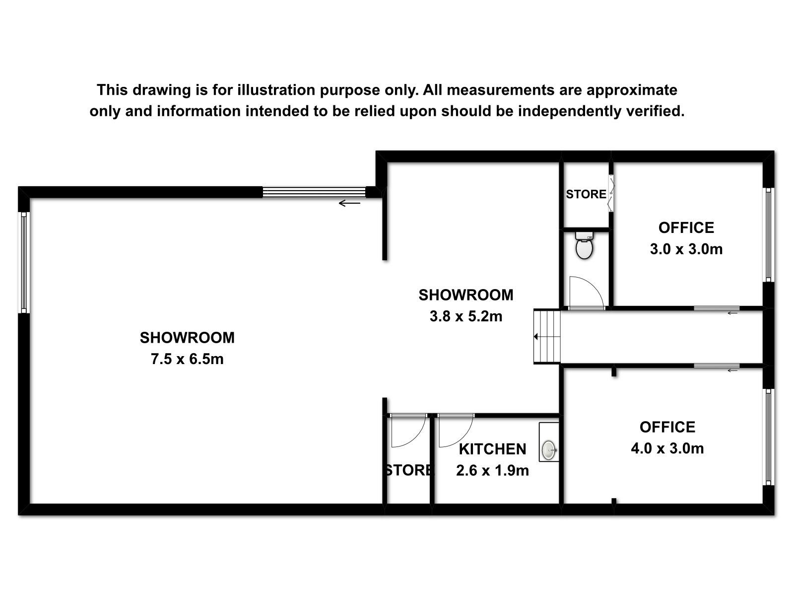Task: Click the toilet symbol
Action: pyautogui.click(x=584, y=245)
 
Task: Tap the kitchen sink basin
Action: pyautogui.click(x=549, y=450)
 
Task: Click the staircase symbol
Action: pyautogui.click(x=547, y=337)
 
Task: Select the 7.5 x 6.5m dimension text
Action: pyautogui.click(x=187, y=359)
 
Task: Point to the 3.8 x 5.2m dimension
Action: pyautogui.click(x=466, y=316)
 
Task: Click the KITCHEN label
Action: pyautogui.click(x=492, y=449)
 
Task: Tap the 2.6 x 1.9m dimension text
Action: pyautogui.click(x=492, y=470)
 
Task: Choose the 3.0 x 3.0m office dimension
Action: pyautogui.click(x=686, y=249)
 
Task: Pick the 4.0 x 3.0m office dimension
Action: pyautogui.click(x=667, y=448)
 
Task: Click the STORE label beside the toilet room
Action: pyautogui.click(x=586, y=194)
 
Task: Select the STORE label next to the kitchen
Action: pyautogui.click(x=408, y=470)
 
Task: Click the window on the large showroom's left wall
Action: pyautogui.click(x=24, y=262)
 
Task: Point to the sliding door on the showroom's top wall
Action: pyautogui.click(x=314, y=192)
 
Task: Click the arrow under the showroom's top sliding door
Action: pyautogui.click(x=349, y=203)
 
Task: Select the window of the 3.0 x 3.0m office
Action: pyautogui.click(x=768, y=234)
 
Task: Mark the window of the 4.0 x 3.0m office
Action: pyautogui.click(x=768, y=437)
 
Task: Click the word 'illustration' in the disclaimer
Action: pyautogui.click(x=276, y=90)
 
